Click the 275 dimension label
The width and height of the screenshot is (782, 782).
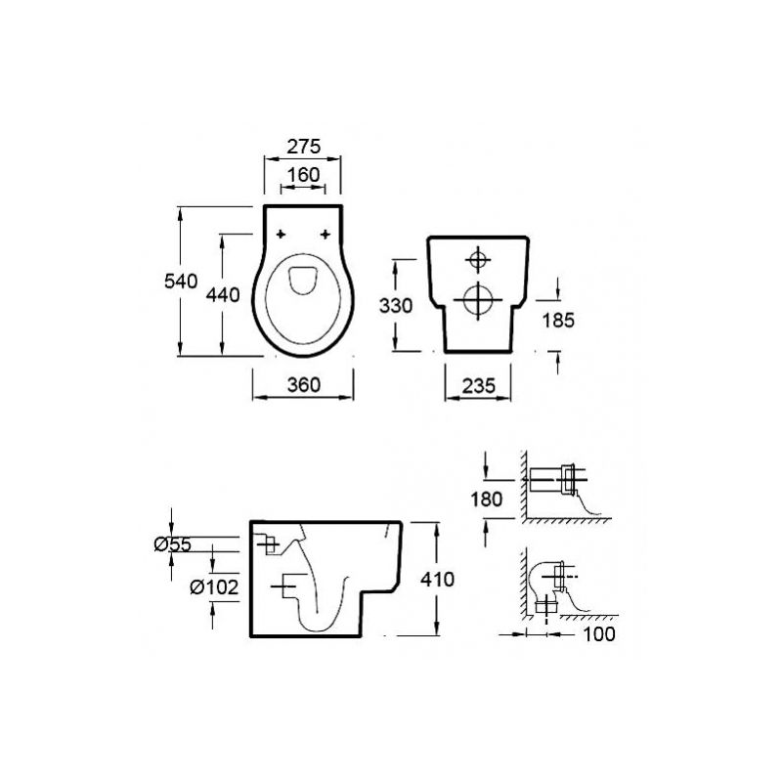pos(303,146)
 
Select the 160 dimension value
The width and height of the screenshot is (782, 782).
pos(303,175)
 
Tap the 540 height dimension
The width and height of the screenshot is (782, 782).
pos(181,282)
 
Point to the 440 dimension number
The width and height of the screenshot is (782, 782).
pos(223,295)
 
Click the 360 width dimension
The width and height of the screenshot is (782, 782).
pos(304,384)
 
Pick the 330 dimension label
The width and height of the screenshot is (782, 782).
pos(396,305)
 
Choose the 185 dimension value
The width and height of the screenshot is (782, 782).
pos(558,321)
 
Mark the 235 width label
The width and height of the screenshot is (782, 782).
pos(478,385)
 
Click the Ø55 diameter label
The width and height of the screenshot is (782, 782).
pos(173,544)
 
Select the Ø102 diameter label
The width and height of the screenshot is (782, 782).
pos(214,587)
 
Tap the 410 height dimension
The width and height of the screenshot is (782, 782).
pos(437,579)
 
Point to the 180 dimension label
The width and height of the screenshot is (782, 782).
pos(486,499)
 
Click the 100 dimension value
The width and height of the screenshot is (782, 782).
pos(599,633)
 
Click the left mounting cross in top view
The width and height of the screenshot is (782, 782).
pos(282,234)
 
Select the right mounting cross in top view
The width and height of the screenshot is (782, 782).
pos(326,234)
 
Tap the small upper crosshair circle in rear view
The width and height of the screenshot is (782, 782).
pos(478,260)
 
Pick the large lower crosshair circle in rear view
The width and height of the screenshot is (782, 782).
pos(478,300)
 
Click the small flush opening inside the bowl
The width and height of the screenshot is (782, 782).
pos(303,280)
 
